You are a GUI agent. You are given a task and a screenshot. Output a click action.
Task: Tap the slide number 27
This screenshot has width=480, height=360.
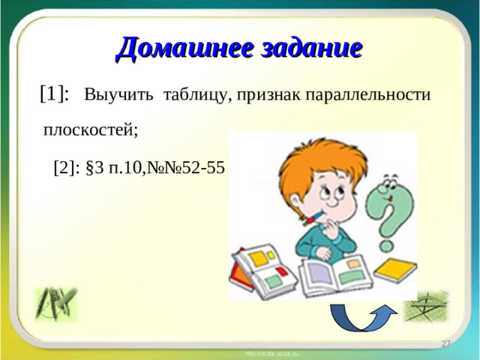[445, 343]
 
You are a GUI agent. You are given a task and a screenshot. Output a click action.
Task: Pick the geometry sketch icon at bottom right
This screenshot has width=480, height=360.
[425, 306]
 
